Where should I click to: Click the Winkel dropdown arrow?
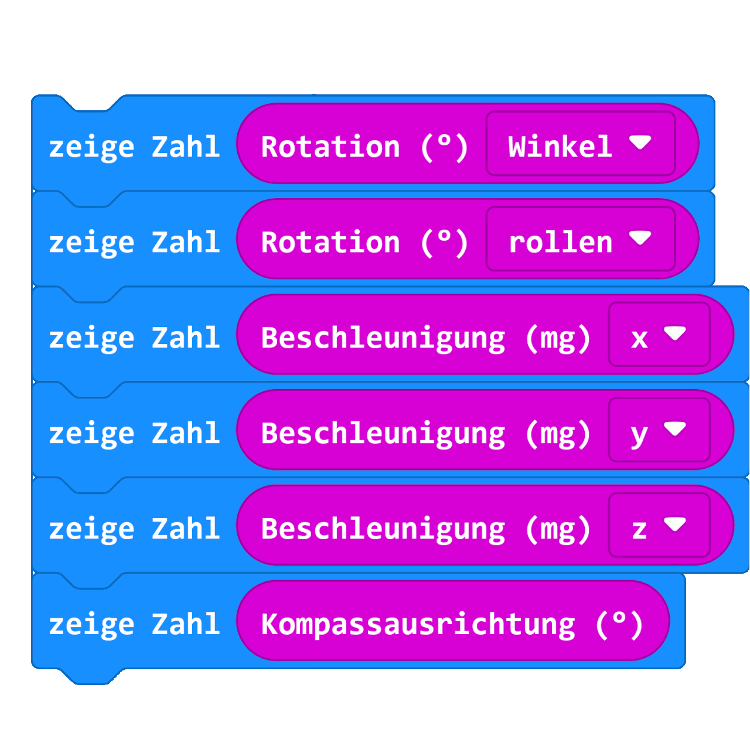click(640, 142)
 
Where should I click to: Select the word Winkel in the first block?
click(560, 147)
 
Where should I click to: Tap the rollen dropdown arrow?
click(640, 238)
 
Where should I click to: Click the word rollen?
click(560, 242)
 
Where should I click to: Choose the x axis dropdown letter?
click(639, 338)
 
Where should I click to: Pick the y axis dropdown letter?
click(639, 434)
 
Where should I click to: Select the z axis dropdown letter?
click(639, 530)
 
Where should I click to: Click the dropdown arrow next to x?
click(675, 333)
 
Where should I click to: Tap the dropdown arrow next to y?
click(675, 429)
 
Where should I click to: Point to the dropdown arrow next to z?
click(675, 524)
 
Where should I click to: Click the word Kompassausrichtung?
click(418, 624)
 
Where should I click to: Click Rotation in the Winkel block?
click(330, 147)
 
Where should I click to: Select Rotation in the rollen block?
click(330, 242)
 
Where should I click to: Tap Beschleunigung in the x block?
click(383, 338)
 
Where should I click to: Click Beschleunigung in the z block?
click(383, 529)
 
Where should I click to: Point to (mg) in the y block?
click(557, 434)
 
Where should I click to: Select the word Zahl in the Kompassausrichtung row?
click(186, 624)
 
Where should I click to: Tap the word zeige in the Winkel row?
click(91, 147)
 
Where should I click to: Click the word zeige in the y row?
click(91, 434)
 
